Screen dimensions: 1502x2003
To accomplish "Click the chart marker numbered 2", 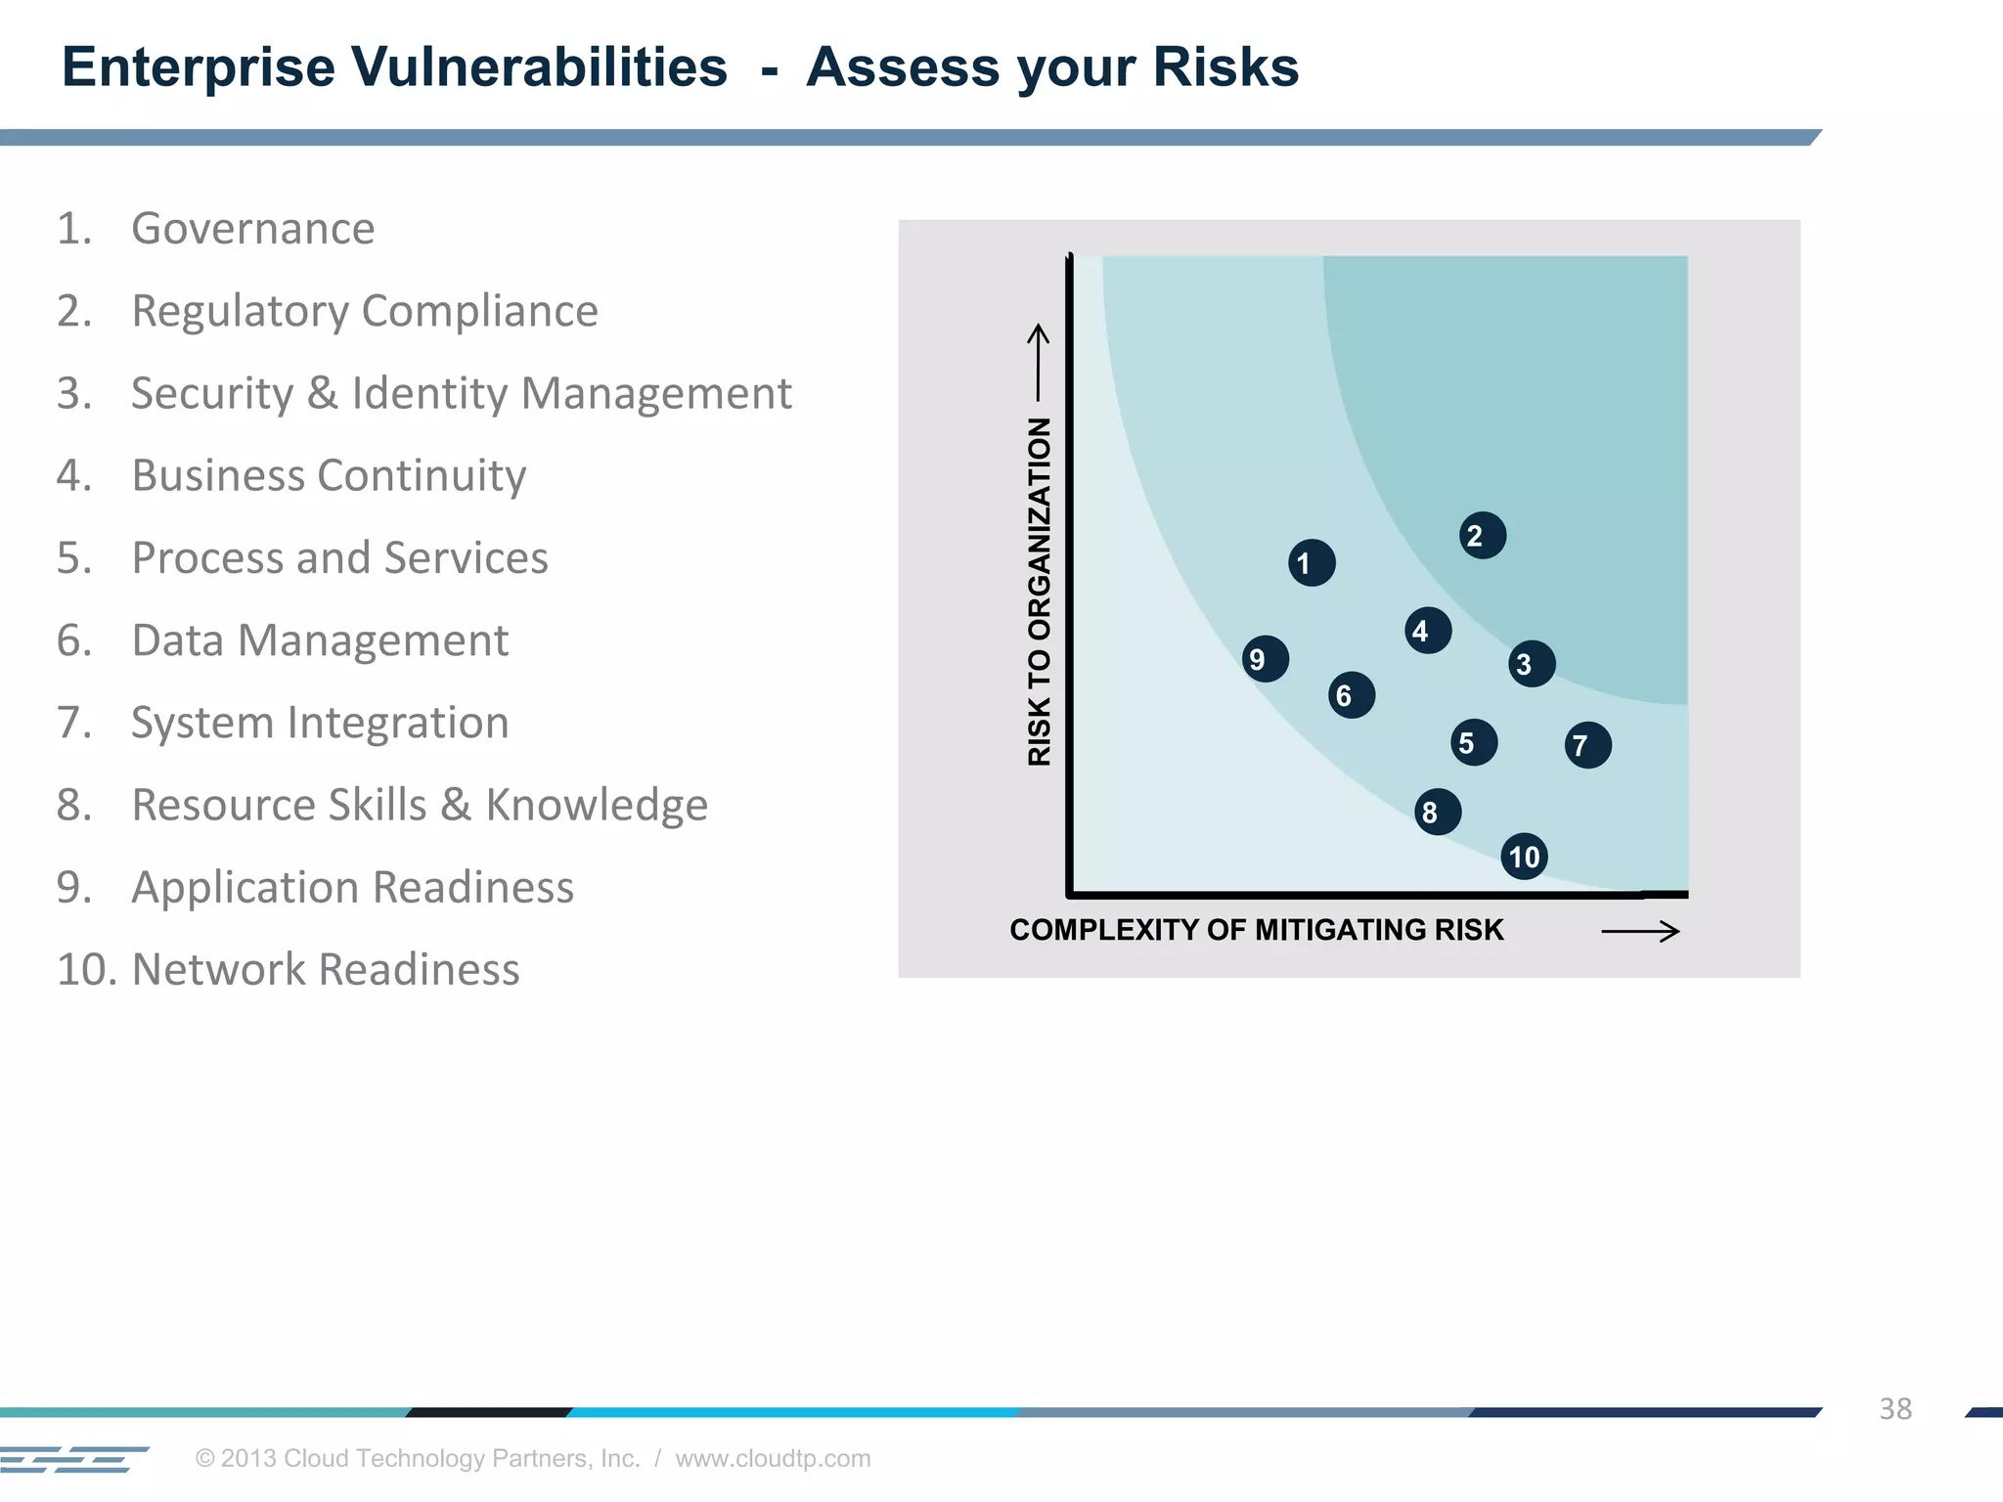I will (1482, 536).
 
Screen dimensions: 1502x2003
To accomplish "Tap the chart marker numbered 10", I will (1524, 857).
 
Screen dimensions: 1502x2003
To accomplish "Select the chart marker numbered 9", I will (1265, 659).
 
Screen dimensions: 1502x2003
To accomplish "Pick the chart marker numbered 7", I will (1587, 745).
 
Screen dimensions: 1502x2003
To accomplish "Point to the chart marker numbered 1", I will (1312, 563).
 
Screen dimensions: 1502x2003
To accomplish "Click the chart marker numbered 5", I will (1473, 743).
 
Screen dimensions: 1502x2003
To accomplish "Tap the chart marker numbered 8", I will (1437, 812).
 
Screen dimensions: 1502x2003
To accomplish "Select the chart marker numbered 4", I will (1427, 631).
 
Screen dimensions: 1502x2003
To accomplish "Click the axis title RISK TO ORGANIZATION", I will (1039, 592).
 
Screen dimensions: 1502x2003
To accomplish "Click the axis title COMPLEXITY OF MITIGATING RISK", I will (1256, 930).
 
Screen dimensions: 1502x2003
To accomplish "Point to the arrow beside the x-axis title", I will (1640, 932).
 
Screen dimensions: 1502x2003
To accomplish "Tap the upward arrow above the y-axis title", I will (1038, 362).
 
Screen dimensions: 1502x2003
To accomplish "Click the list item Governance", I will (252, 229).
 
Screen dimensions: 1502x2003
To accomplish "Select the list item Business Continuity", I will (329, 476).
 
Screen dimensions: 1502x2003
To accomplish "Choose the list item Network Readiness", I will (325, 970).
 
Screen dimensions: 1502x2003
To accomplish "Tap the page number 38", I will (1894, 1409).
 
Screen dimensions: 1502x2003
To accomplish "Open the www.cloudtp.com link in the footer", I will (773, 1458).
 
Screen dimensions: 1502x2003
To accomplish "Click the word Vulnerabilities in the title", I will (539, 67).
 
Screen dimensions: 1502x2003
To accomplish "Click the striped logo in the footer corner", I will (73, 1459).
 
